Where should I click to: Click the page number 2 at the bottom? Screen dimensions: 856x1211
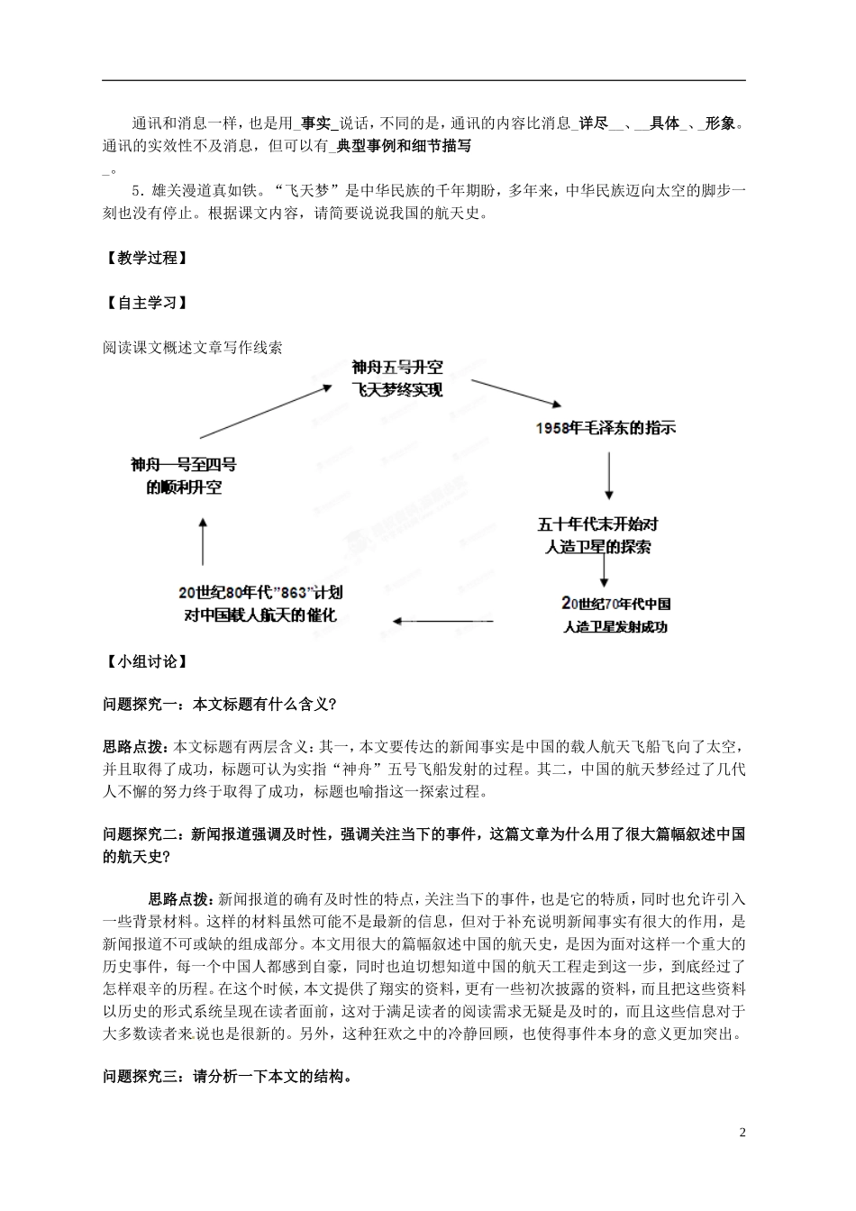[x=742, y=1132]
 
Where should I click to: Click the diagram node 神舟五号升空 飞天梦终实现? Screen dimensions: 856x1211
[x=397, y=378]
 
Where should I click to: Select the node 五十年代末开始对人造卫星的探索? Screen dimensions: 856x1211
[x=598, y=535]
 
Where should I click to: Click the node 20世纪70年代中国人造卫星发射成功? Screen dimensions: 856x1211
[x=616, y=615]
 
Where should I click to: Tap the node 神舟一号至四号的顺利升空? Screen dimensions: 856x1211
[x=184, y=476]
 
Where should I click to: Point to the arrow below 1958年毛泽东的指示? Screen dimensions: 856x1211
[x=609, y=476]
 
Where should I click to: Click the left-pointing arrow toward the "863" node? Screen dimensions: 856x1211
[x=442, y=621]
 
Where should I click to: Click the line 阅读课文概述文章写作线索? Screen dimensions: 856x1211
[x=193, y=347]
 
